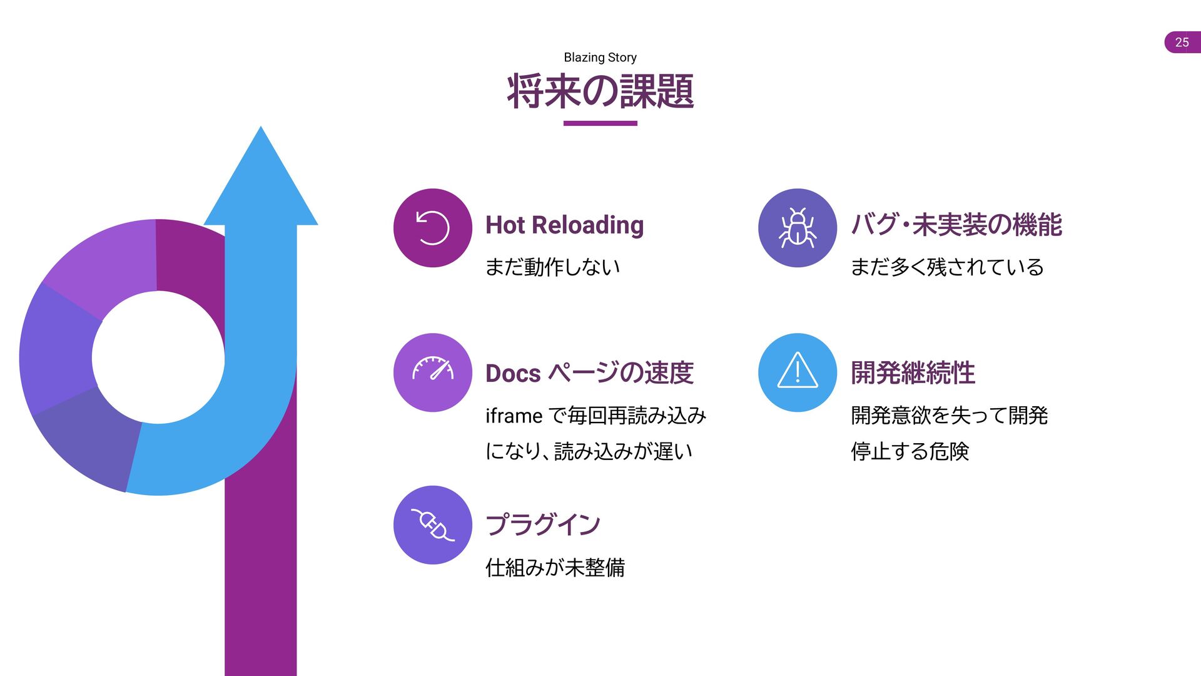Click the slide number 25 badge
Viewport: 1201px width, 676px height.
pos(1182,42)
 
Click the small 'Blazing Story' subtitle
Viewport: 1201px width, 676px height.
pos(600,58)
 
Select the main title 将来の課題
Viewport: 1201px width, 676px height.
pos(600,91)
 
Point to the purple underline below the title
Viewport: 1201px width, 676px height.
pos(600,123)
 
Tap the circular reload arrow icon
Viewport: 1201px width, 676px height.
pos(433,228)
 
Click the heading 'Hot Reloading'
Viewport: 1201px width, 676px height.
pos(564,225)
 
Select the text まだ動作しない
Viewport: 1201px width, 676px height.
pos(552,267)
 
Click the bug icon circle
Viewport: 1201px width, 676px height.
pos(798,228)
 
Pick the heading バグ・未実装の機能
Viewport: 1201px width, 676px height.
pos(956,225)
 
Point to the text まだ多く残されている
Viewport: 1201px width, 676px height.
pos(947,267)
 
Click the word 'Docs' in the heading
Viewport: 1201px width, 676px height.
pos(513,373)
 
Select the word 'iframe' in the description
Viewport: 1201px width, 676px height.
pos(514,416)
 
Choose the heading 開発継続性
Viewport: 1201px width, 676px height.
pos(913,373)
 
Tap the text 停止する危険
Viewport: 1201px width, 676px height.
pos(910,451)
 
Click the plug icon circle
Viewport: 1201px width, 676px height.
pos(433,525)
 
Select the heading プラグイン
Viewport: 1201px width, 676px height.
pos(543,525)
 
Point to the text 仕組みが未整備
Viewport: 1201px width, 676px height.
pos(555,568)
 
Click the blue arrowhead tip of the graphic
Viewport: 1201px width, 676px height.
pos(261,128)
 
